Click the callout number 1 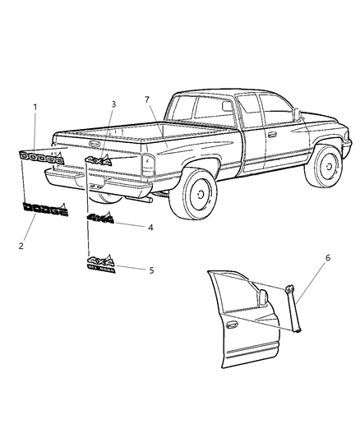(x=35, y=108)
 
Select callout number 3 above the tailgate (x=114, y=104)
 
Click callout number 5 (x=150, y=270)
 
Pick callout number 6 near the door (x=328, y=258)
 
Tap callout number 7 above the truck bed (x=147, y=99)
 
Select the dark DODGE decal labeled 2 (x=45, y=210)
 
